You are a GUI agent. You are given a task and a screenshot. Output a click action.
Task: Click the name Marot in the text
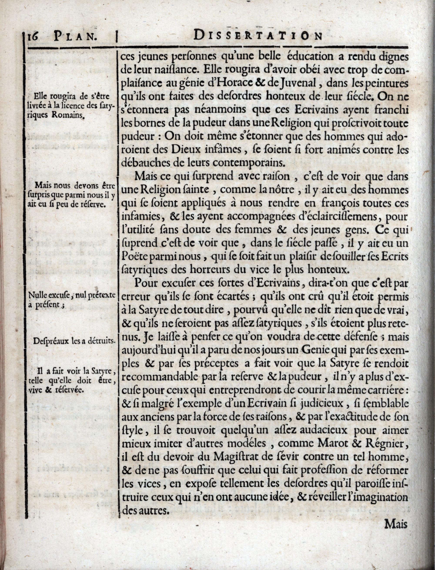tap(337, 443)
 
